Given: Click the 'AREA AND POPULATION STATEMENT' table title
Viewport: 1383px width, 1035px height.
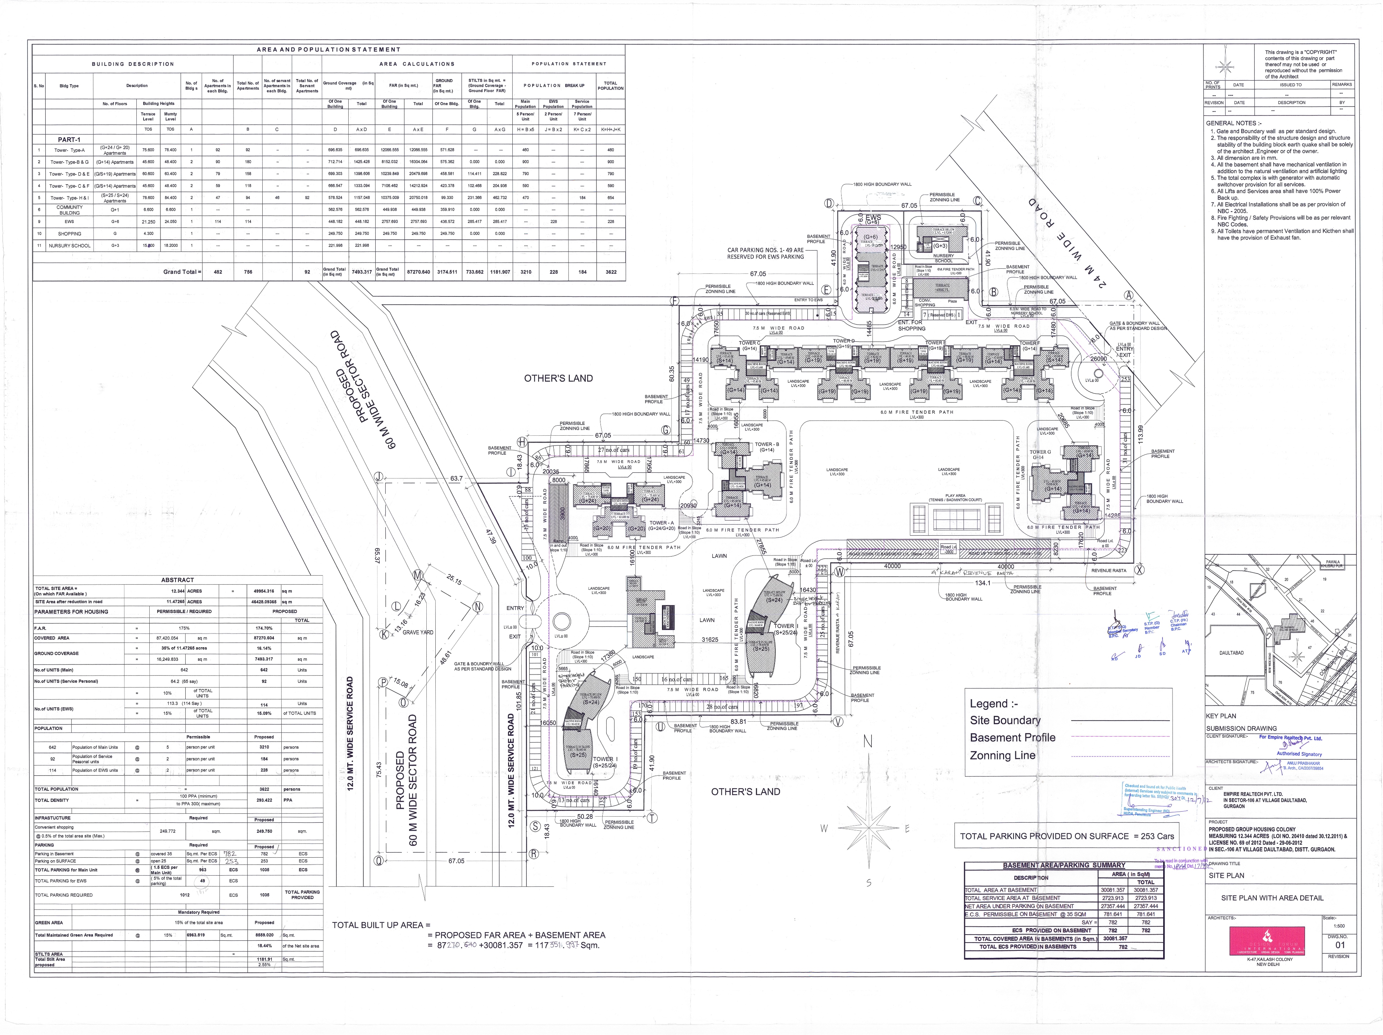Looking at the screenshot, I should [328, 49].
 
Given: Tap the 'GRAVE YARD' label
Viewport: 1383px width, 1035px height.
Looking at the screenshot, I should [418, 632].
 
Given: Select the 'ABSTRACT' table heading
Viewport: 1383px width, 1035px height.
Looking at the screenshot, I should [178, 580].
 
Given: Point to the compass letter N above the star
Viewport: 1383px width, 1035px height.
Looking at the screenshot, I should [868, 742].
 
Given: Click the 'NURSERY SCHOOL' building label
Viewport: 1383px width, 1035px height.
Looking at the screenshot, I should [943, 258].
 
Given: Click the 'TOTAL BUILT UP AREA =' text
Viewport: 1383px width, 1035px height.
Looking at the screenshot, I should [381, 925].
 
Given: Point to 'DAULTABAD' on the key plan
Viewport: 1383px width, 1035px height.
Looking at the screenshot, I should [1231, 653].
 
